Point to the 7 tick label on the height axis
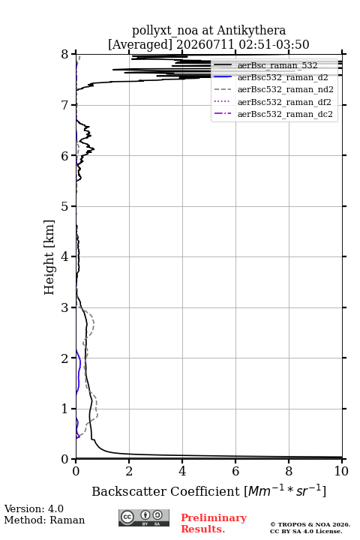tap(65, 105)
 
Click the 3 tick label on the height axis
tap(65, 307)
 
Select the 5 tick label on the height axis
tap(65, 206)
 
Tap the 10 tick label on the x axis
tap(341, 471)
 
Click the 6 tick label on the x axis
tap(235, 471)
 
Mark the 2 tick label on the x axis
tap(129, 471)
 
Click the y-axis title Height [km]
tap(49, 257)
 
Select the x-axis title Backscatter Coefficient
tap(165, 491)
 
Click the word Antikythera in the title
tap(251, 30)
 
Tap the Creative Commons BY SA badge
tap(144, 517)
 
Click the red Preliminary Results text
tap(214, 523)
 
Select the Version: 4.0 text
tap(34, 508)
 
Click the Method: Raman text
tap(44, 520)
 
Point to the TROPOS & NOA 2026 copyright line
tap(310, 524)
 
